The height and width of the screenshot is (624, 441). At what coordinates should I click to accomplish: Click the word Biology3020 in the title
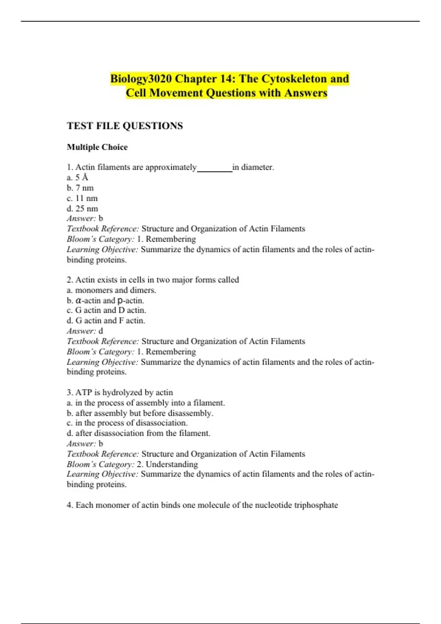tap(141, 79)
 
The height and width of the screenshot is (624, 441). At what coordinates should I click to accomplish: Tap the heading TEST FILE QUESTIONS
tap(125, 126)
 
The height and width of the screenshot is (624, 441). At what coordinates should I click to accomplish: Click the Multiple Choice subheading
tap(97, 147)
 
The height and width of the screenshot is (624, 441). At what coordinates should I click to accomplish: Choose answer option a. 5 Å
tap(78, 178)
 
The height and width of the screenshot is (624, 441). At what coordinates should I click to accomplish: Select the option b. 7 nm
tap(80, 188)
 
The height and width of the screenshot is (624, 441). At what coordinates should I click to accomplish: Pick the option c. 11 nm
tap(82, 199)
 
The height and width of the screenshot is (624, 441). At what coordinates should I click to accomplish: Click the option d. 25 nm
tap(82, 209)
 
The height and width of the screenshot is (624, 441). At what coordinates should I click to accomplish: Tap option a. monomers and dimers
tap(111, 290)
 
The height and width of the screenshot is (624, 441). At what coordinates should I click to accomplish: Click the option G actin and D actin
tap(107, 311)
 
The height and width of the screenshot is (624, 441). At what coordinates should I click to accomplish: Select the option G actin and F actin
tap(106, 321)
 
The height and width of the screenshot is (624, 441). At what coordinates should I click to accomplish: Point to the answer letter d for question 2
tap(101, 331)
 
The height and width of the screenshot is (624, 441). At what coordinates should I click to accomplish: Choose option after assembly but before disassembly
tap(140, 413)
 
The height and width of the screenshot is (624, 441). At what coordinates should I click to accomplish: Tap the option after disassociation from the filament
tap(139, 433)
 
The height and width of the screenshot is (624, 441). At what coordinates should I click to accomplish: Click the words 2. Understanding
tap(167, 464)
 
